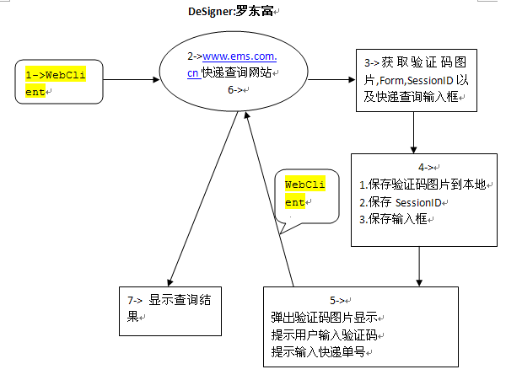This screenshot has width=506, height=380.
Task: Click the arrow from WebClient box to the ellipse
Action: coord(131,80)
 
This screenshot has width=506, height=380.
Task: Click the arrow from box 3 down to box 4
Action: coord(414,132)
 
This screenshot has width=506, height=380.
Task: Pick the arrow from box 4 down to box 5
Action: coord(419,266)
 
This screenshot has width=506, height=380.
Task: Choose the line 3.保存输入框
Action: coord(392,219)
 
